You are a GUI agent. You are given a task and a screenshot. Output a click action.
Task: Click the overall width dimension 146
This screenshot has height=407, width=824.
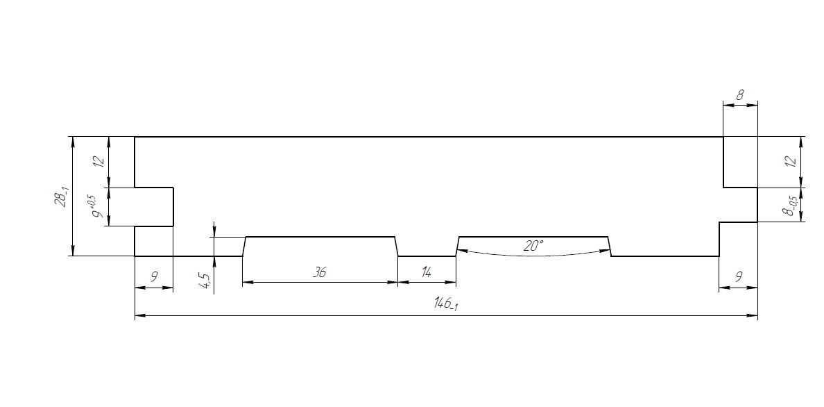pos(445,304)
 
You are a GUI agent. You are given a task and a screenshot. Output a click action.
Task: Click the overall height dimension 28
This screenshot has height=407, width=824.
pos(62,197)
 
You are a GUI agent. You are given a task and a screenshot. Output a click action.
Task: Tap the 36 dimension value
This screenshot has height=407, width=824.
pos(319,272)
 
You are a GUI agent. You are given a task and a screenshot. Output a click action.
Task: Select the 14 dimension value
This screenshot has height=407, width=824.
pos(427,272)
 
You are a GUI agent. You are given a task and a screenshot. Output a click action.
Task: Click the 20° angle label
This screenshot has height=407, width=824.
pos(533,245)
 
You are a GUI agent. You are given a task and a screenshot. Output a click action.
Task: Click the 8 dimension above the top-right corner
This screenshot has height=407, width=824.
pos(740,95)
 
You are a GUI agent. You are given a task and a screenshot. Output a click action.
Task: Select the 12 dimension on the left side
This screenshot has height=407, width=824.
pos(98,161)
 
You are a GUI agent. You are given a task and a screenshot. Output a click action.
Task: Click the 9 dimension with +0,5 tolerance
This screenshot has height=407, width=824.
pos(98,207)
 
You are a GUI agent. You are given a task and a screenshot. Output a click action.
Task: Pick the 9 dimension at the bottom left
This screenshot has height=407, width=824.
pos(153,277)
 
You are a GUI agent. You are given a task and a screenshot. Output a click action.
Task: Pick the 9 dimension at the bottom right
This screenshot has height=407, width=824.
pos(739,277)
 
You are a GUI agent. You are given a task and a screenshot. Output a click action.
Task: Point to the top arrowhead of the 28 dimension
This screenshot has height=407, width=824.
pos(73,141)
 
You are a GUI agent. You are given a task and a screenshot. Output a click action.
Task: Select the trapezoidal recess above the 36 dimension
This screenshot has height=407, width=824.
pos(320,247)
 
